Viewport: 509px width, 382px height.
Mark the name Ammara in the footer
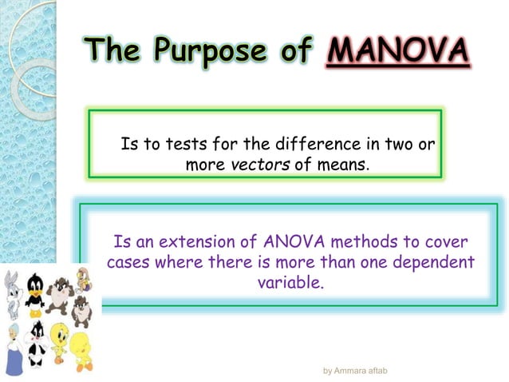click(352, 371)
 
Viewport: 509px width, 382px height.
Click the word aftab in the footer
click(380, 371)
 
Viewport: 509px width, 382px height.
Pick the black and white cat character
click(37, 342)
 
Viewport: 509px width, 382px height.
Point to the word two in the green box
click(407, 145)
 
